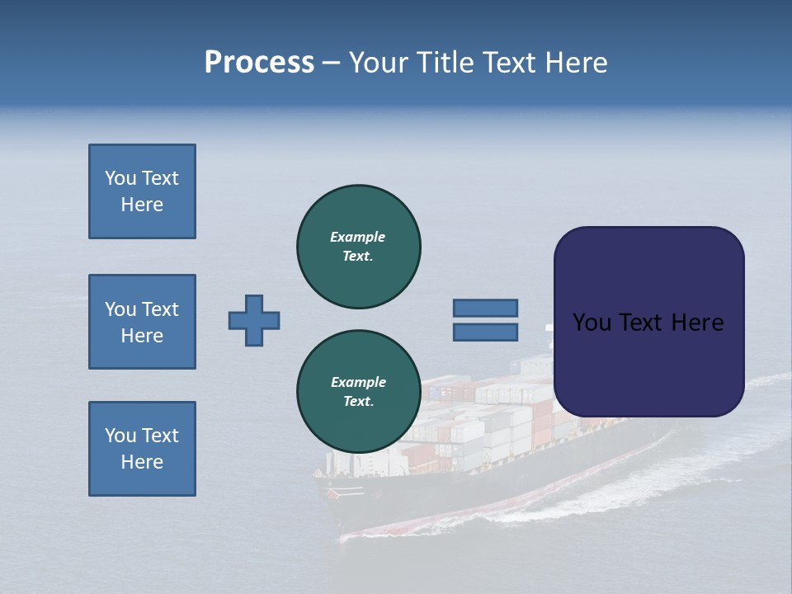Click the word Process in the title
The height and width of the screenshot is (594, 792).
(259, 63)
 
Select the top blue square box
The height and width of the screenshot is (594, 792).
(142, 191)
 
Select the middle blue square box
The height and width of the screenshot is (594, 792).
(142, 322)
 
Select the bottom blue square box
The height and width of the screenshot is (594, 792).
(142, 449)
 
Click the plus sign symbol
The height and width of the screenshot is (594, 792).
(254, 320)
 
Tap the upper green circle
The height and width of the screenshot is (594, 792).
(359, 247)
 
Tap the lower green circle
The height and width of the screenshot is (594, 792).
(359, 392)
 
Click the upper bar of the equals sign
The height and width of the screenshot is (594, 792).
(486, 308)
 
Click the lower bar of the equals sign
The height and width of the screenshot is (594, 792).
(486, 332)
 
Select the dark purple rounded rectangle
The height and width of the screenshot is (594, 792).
(648, 322)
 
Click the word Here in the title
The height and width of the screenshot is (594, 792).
(575, 63)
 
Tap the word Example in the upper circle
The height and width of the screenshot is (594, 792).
(357, 237)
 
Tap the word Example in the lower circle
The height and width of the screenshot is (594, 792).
(358, 382)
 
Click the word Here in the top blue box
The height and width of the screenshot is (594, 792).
(142, 205)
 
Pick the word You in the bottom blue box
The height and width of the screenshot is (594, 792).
(120, 436)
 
